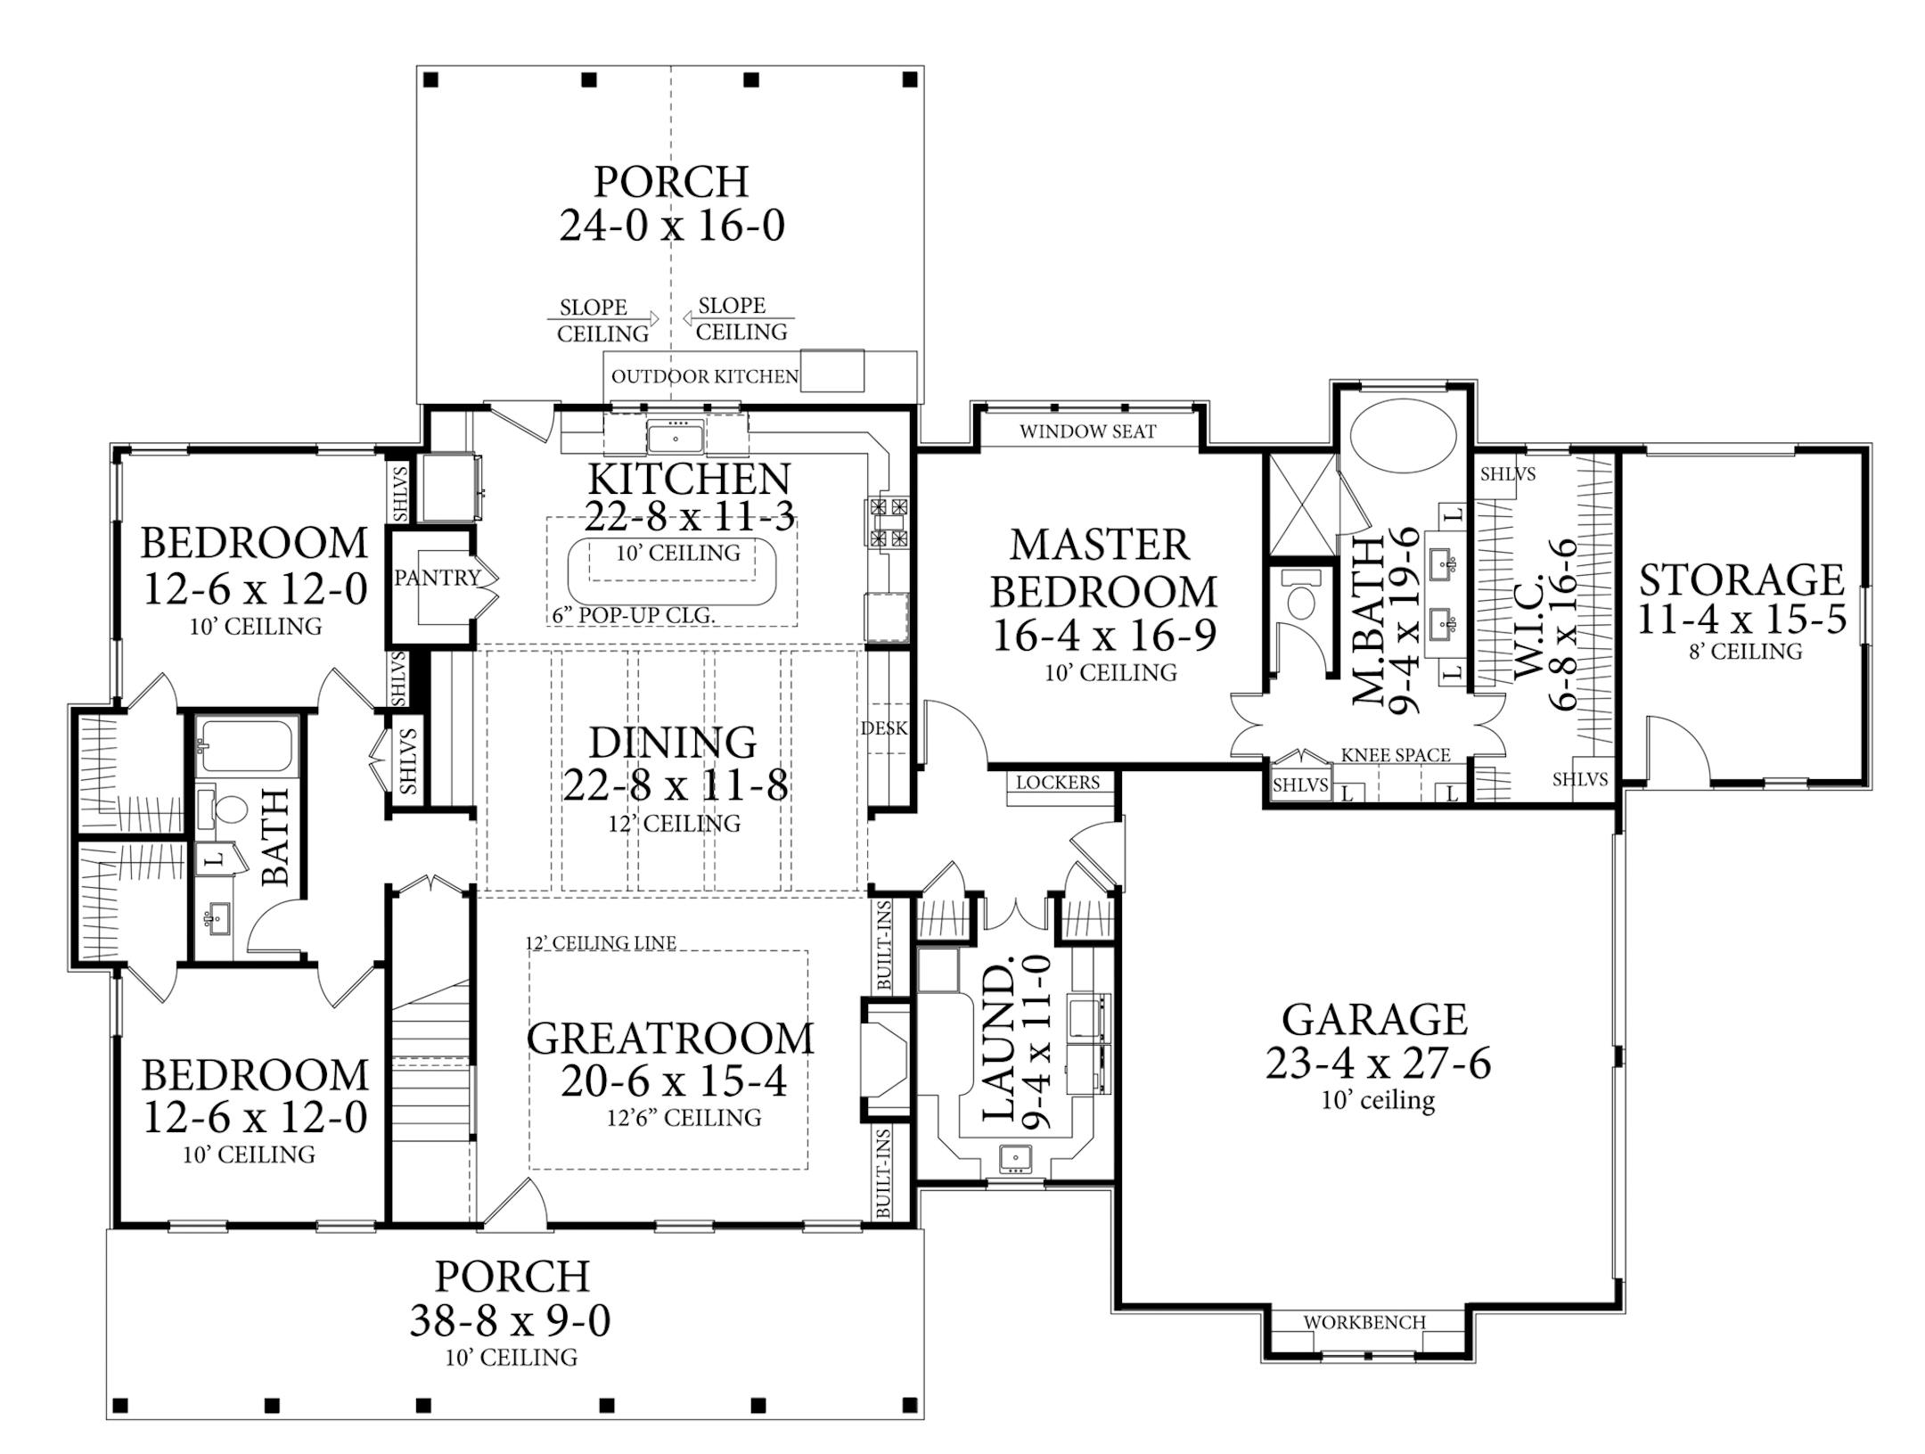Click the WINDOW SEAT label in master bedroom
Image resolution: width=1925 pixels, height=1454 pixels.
[x=1087, y=432]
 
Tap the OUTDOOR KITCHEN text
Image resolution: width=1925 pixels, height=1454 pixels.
[x=704, y=376]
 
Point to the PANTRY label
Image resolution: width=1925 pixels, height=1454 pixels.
[x=437, y=578]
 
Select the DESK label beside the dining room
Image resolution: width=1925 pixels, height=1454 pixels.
[x=883, y=728]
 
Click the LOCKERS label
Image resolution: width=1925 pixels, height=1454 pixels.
[x=1058, y=783]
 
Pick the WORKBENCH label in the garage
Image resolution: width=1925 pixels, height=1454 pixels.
[x=1364, y=1322]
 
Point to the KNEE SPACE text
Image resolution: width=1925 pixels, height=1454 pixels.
[x=1396, y=755]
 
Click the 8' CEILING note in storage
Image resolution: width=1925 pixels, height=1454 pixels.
[x=1745, y=652]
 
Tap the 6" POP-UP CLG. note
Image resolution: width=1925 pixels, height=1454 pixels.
[x=633, y=616]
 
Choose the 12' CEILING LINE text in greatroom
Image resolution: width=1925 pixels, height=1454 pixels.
[x=600, y=942]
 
